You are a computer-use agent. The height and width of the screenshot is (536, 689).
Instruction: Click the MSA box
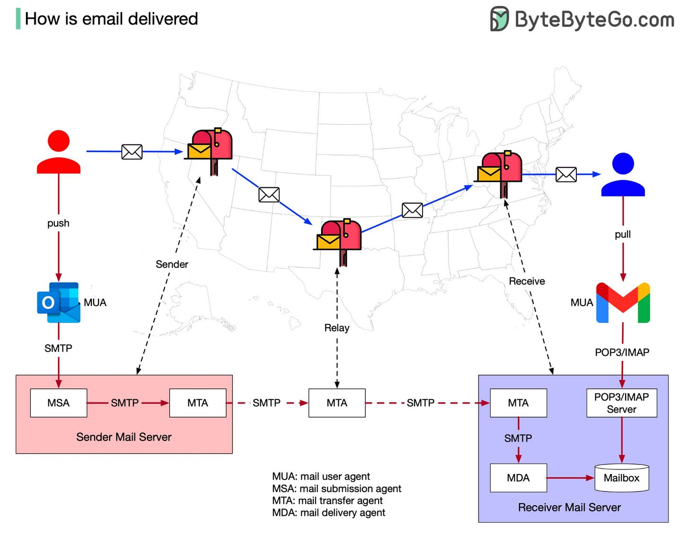[58, 403]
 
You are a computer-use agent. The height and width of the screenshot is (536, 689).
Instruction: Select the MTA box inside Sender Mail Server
[197, 403]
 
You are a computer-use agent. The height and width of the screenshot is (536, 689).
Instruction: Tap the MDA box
[518, 478]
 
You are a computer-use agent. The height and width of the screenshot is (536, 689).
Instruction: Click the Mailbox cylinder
[621, 478]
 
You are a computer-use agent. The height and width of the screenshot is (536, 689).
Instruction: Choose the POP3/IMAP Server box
[621, 403]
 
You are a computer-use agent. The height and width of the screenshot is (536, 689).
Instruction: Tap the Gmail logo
[623, 303]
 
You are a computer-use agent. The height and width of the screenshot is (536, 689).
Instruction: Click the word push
[58, 223]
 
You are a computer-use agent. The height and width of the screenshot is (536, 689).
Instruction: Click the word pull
[623, 234]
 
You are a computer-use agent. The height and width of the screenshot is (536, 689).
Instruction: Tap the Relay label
[337, 328]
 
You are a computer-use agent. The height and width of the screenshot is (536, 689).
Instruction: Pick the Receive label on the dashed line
[527, 281]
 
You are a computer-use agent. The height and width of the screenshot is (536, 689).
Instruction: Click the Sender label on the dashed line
[172, 264]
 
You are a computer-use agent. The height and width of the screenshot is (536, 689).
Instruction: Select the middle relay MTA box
[337, 403]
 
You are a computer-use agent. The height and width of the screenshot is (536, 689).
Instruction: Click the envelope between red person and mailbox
[132, 152]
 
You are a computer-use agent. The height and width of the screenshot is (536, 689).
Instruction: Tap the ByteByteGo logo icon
[499, 19]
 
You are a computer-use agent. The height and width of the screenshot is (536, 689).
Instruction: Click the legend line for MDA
[328, 513]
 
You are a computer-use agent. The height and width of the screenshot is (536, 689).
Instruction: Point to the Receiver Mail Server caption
[569, 508]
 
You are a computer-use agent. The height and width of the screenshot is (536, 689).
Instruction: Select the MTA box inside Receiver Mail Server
[518, 403]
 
